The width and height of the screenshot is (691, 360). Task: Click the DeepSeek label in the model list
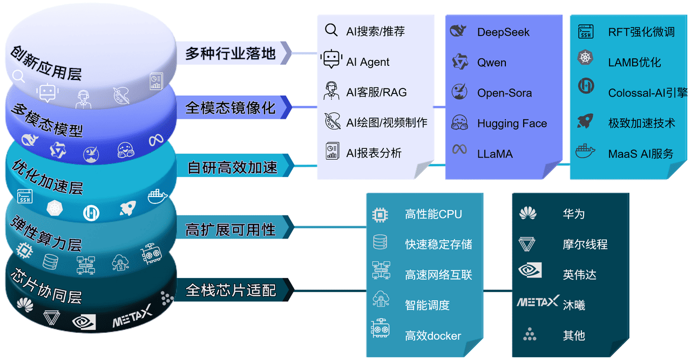pos(503,32)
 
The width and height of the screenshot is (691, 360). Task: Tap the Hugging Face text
pos(512,124)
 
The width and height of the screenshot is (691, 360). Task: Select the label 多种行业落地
pos(231,53)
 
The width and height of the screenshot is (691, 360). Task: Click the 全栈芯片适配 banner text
pos(231,290)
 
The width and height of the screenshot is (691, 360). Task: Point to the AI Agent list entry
pos(368,62)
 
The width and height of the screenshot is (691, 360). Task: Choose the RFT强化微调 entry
pos(641,32)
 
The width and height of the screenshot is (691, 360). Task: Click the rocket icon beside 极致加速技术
pos(586,121)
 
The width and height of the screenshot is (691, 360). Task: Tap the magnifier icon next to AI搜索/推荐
pos(331,30)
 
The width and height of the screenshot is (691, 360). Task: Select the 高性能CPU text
pos(433,214)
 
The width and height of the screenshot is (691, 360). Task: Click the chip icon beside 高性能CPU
pos(380,214)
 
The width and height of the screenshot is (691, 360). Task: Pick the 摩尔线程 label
pos(585,244)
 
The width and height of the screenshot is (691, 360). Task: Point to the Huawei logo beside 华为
pos(527,214)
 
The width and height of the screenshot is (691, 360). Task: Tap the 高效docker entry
pos(433,336)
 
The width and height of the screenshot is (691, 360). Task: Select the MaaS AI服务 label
pos(641,154)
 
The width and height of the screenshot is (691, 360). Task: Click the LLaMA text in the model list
pos(494,154)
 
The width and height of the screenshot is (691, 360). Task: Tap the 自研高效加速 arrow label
pos(232,168)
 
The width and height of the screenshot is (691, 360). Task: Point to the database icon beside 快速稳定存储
pos(380,243)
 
